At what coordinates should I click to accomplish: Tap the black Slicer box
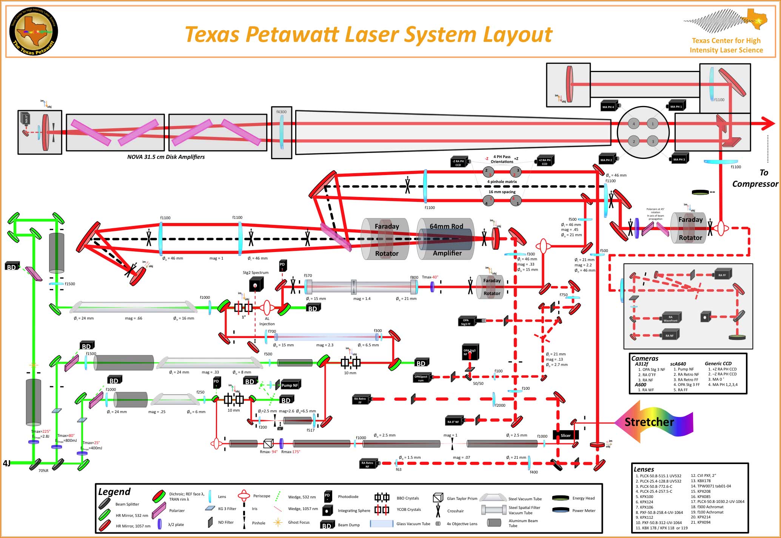click(x=565, y=435)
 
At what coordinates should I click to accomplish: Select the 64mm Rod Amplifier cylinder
click(x=445, y=239)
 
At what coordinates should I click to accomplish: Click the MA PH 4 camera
click(x=609, y=106)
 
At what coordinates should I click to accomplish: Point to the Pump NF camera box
click(x=289, y=385)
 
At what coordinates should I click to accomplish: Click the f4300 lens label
click(x=281, y=112)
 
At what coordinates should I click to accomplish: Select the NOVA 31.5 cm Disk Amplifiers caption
click(x=166, y=157)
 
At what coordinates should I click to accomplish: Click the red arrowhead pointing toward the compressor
click(x=768, y=123)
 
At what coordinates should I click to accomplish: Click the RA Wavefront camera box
click(x=671, y=318)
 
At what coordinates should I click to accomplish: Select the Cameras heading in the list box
click(x=645, y=358)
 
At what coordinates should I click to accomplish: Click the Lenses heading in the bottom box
click(x=644, y=469)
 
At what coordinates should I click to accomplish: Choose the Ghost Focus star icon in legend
click(x=278, y=522)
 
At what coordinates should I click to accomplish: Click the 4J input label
click(x=7, y=463)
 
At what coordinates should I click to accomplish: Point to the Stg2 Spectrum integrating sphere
click(x=256, y=285)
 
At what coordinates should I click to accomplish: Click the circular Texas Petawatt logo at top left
click(x=34, y=32)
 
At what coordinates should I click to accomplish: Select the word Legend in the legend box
click(x=114, y=492)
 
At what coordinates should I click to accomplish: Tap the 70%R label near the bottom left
click(x=43, y=470)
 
